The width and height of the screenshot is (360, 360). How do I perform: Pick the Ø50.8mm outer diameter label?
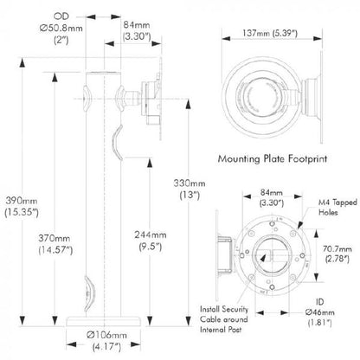61,28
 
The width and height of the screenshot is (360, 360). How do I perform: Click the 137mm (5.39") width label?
270,33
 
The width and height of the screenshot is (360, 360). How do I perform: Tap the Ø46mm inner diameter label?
320,312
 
